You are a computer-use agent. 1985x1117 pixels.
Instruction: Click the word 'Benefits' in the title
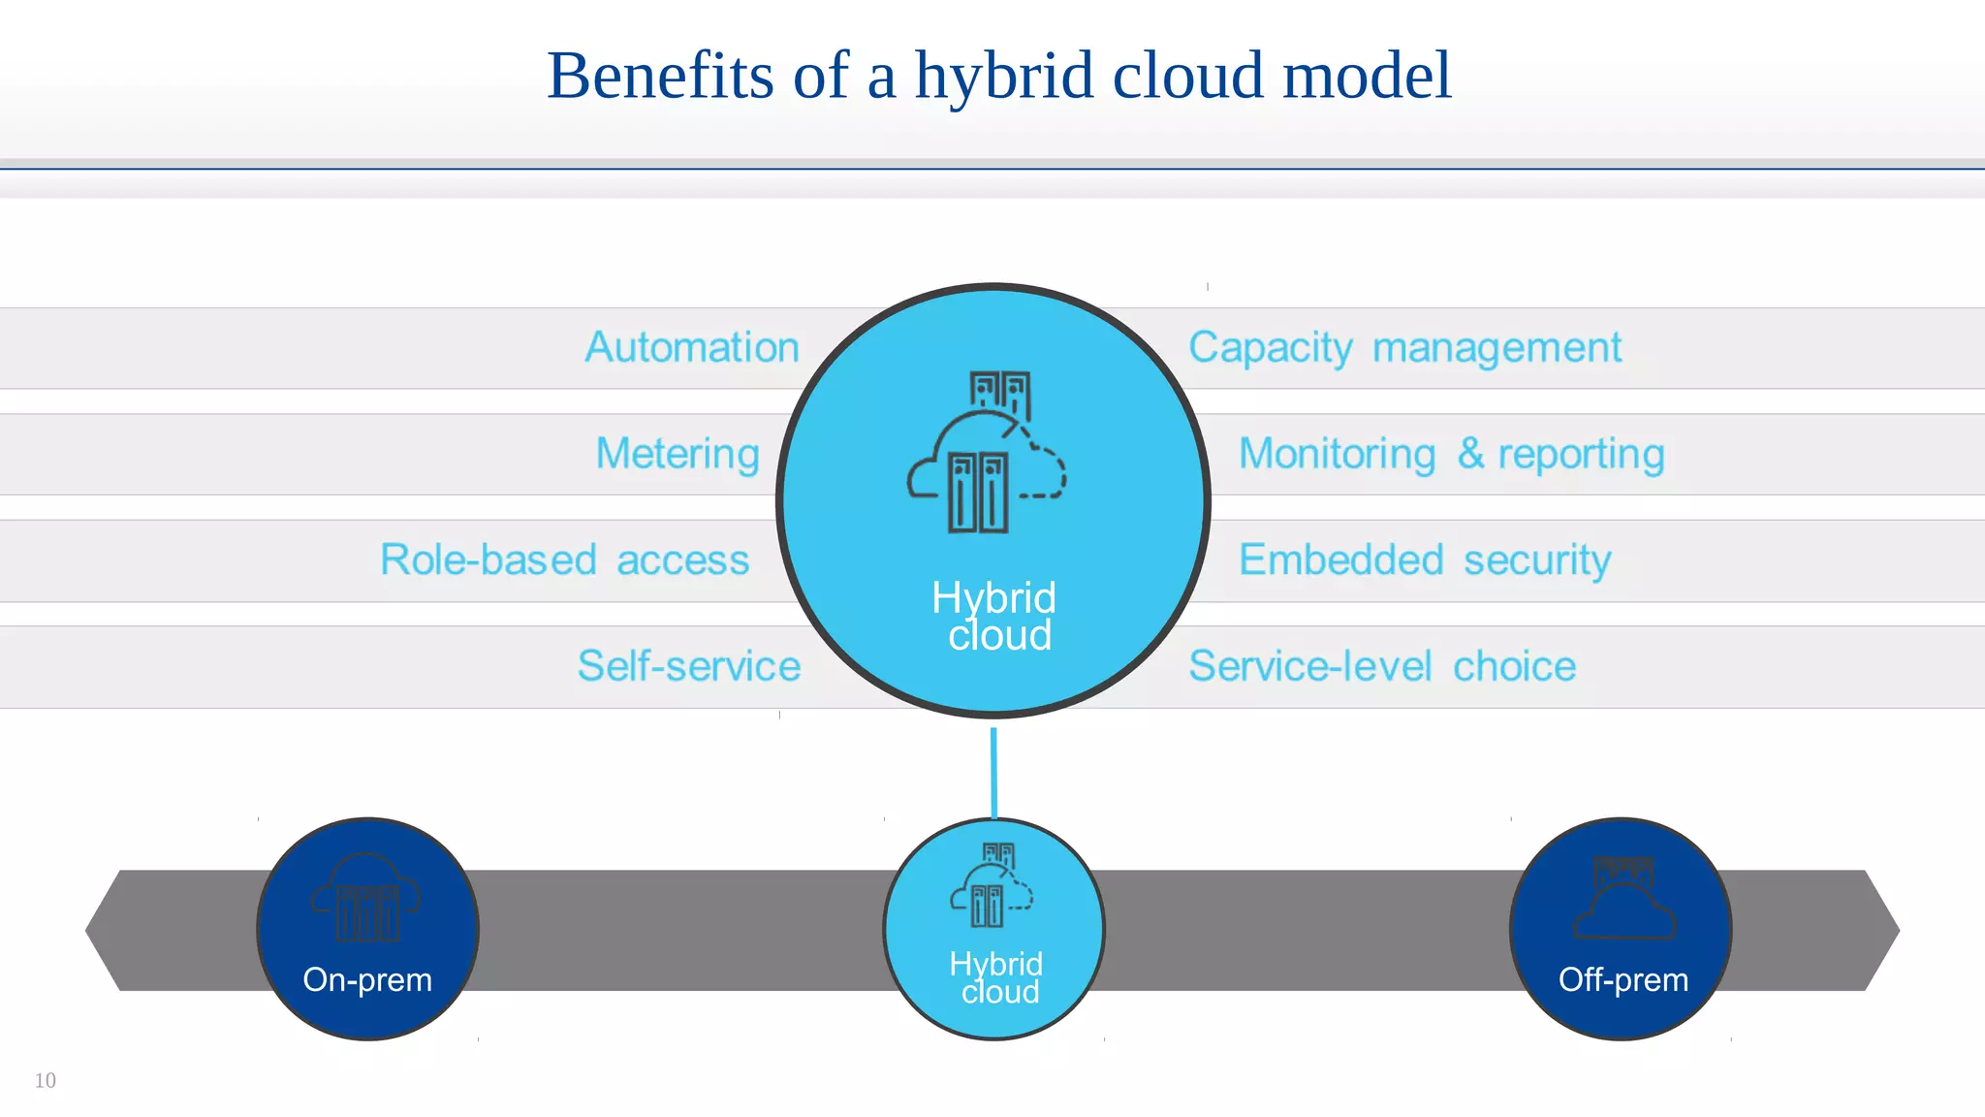[x=660, y=76]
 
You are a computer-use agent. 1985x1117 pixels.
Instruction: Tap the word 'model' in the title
[x=1367, y=76]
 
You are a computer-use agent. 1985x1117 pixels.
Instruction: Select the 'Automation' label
[x=692, y=347]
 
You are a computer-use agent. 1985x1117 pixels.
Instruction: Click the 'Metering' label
[x=677, y=454]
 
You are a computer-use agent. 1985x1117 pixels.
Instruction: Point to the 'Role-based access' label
[x=564, y=559]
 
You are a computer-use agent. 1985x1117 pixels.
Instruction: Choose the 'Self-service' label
[x=689, y=666]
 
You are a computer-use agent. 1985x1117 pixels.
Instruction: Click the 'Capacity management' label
[x=1404, y=347]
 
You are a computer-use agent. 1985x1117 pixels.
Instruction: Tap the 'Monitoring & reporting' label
[x=1451, y=454]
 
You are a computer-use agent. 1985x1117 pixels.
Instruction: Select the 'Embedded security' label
[x=1425, y=559]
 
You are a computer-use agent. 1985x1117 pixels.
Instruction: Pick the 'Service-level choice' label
[x=1382, y=666]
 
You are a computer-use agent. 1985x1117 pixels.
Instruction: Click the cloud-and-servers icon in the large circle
[x=987, y=452]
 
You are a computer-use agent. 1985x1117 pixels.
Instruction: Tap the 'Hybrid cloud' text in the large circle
[x=994, y=617]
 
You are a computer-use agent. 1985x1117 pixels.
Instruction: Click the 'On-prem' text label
[x=367, y=979]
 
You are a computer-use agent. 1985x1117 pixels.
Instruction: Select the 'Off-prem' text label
[x=1623, y=979]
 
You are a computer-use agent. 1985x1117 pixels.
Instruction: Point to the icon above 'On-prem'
[x=365, y=898]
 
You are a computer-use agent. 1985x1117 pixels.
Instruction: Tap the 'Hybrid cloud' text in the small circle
[x=996, y=977]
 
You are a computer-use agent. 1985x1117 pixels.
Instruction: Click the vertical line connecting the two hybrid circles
[x=993, y=772]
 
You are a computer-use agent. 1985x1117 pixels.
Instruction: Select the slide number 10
[x=46, y=1080]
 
